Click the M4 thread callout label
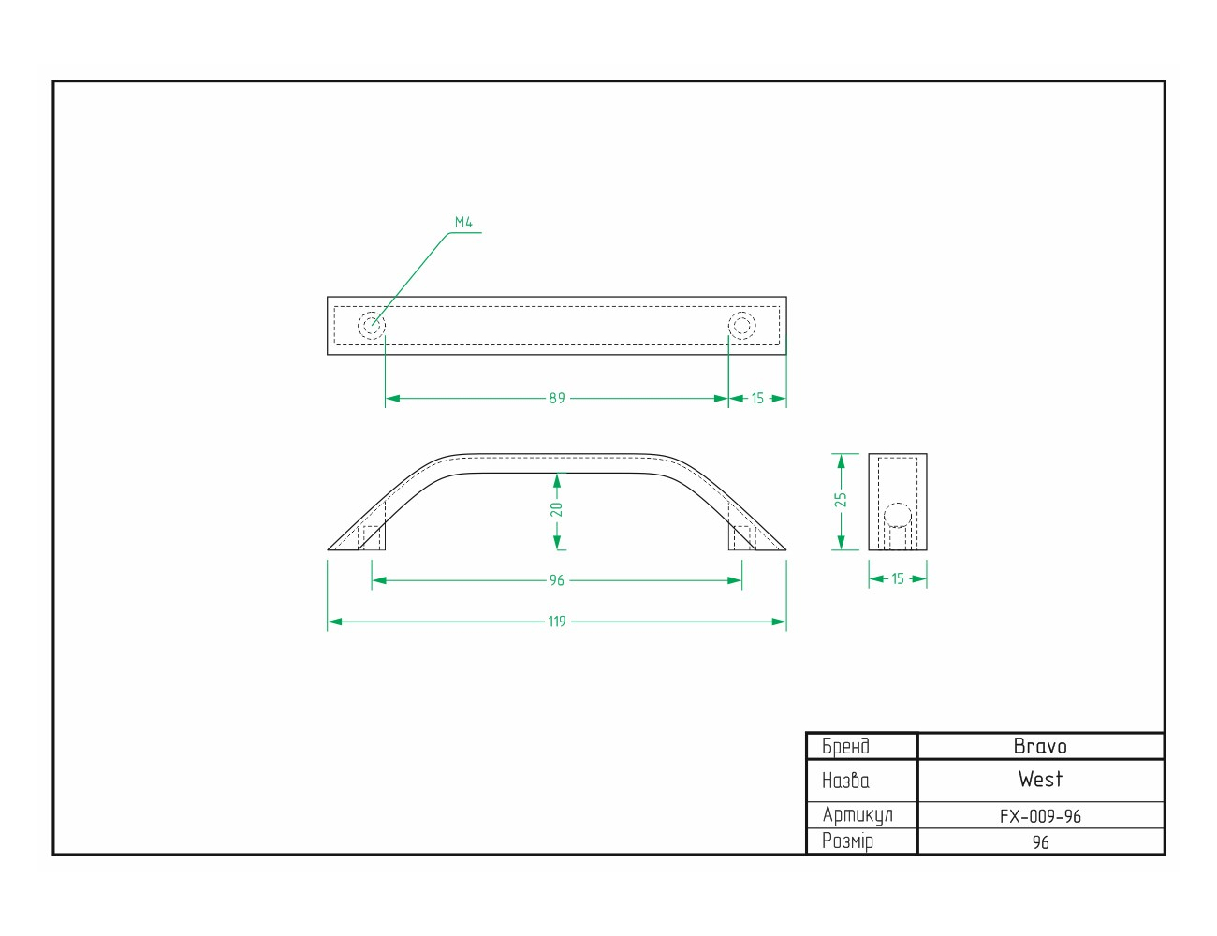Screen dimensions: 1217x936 tap(463, 222)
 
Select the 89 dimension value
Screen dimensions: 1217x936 tap(557, 398)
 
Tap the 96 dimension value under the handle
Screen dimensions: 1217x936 tap(557, 580)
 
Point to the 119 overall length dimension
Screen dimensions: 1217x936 tap(557, 622)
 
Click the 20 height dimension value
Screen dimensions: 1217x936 tap(556, 509)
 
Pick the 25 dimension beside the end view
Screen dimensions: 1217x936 tap(841, 499)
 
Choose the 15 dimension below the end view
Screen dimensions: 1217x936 tap(897, 578)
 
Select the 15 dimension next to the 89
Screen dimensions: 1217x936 tap(757, 398)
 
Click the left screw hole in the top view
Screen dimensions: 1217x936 tap(372, 325)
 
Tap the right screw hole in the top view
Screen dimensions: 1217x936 tap(742, 325)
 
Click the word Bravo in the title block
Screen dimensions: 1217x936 tap(1040, 746)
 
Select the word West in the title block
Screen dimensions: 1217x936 tap(1040, 780)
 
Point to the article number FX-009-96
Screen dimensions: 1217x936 tap(1040, 817)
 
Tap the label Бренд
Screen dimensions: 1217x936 tap(845, 746)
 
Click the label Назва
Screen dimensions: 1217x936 tap(845, 781)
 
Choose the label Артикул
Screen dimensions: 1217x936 tap(858, 815)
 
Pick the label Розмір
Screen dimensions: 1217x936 tap(847, 841)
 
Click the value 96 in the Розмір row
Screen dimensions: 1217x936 tap(1041, 842)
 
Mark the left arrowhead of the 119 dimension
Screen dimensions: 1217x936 tap(334, 622)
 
